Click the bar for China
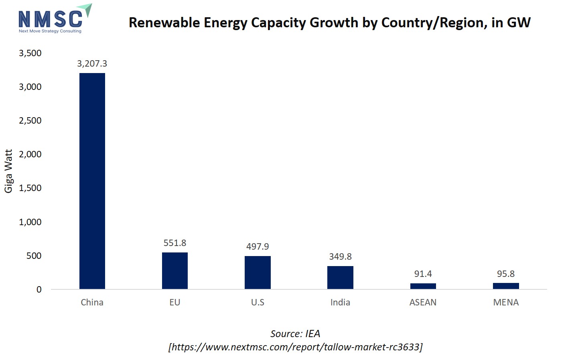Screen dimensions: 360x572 tap(92, 181)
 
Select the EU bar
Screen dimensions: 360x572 tap(175, 271)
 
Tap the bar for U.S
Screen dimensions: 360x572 tap(258, 272)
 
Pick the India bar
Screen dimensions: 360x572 tap(340, 277)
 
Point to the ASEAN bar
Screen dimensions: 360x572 tap(423, 286)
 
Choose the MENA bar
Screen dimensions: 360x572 tap(506, 286)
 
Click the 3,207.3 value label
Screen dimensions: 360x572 tap(92, 63)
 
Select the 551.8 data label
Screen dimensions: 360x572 tap(175, 243)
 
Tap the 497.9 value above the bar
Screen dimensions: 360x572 tap(258, 246)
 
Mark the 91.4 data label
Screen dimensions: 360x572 tap(423, 274)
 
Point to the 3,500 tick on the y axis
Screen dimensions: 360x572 tap(30, 53)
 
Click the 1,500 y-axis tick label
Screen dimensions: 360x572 tap(30, 188)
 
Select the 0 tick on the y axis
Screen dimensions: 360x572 tap(39, 289)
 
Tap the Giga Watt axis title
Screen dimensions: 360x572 tap(9, 171)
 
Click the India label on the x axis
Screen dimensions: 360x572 tap(340, 302)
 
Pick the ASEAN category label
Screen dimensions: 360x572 tap(423, 302)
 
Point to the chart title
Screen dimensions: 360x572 tap(329, 22)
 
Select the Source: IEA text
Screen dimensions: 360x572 tap(295, 334)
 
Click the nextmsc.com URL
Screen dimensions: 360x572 tap(295, 347)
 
